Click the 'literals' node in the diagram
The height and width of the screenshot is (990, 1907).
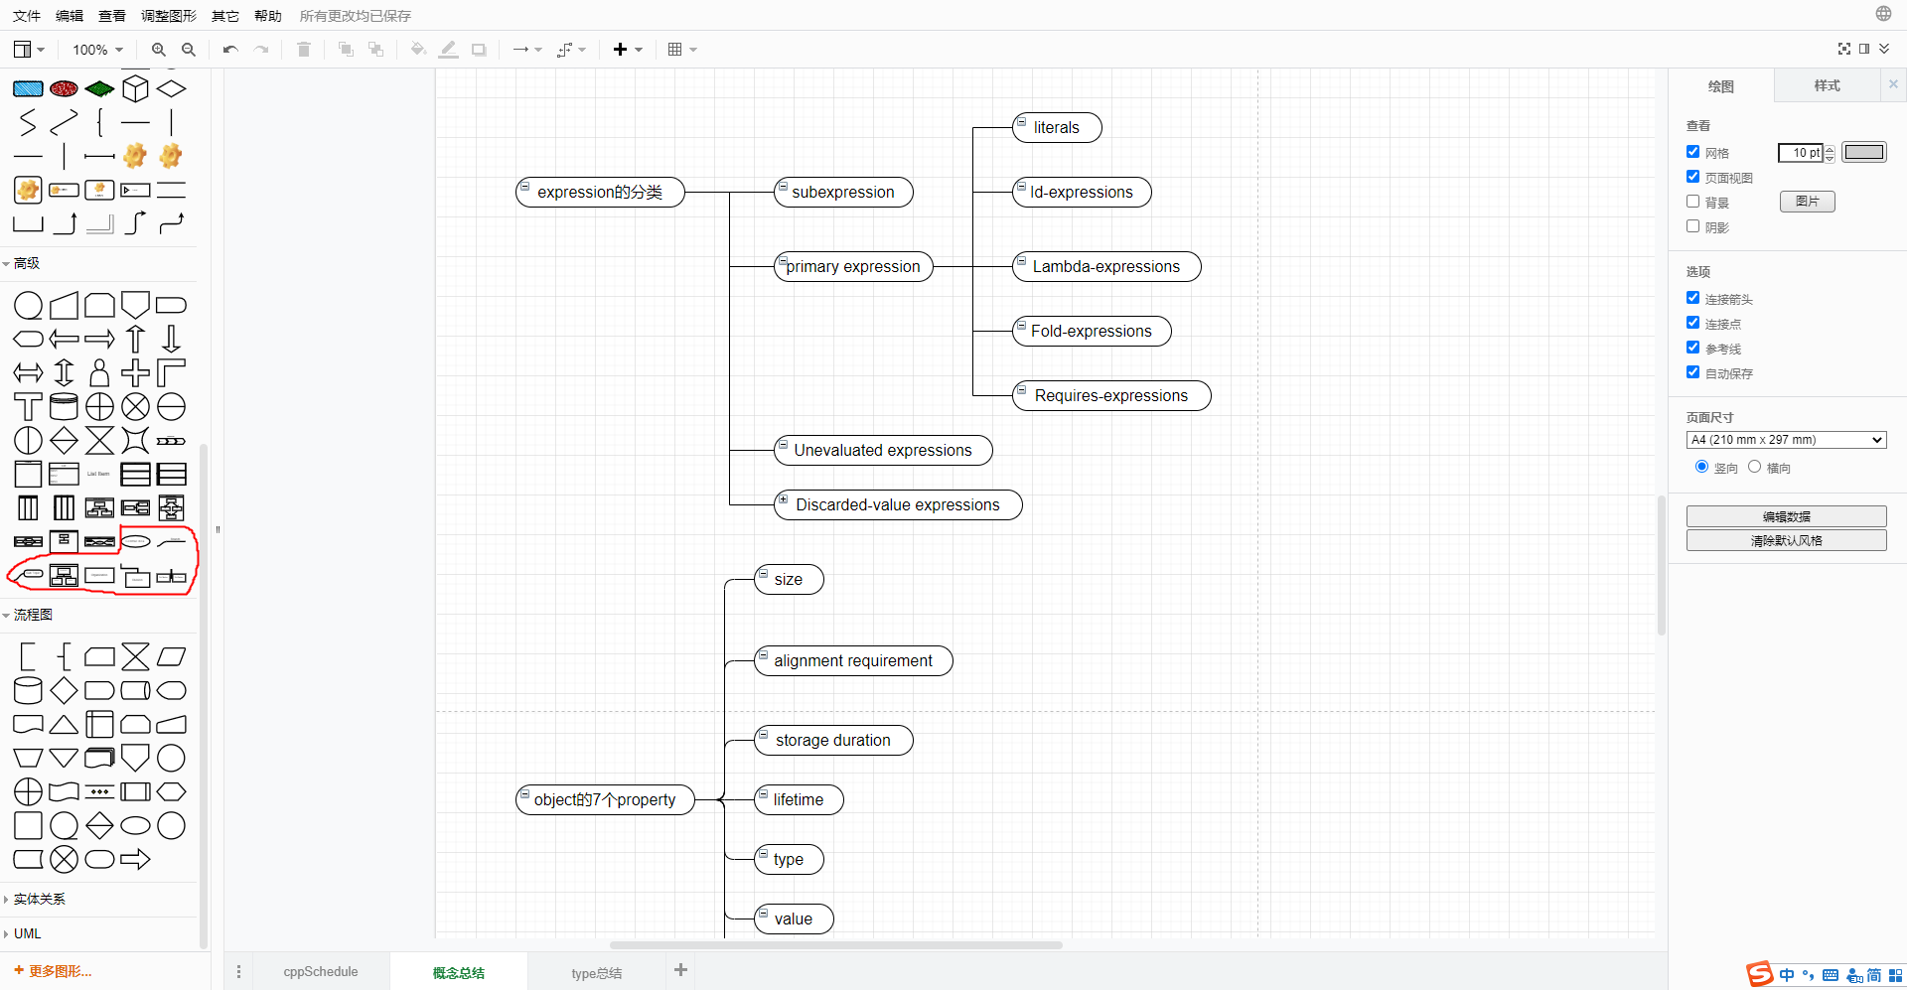(x=1057, y=128)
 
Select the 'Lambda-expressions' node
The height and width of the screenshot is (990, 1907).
(x=1106, y=267)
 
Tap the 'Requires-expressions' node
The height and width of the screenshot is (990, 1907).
(x=1111, y=396)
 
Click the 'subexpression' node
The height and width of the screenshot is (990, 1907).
(x=843, y=193)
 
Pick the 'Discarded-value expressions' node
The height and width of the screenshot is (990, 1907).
(x=898, y=505)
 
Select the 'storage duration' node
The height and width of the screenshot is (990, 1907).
(x=833, y=741)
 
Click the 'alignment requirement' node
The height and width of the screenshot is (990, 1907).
(x=853, y=661)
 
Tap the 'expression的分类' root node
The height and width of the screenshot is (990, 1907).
(x=600, y=193)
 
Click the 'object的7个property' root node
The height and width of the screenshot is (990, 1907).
(x=605, y=800)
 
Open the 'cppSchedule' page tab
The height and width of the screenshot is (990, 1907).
(x=320, y=972)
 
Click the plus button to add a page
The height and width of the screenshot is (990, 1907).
(x=680, y=970)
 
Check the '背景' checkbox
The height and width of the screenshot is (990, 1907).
(x=1693, y=202)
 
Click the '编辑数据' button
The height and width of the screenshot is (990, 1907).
(x=1786, y=516)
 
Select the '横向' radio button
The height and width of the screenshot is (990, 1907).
(x=1755, y=467)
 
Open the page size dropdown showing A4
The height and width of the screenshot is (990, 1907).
(x=1786, y=440)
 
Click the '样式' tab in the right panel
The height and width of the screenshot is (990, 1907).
(x=1827, y=86)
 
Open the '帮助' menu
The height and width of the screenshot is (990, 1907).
(x=268, y=16)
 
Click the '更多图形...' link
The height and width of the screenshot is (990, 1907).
(x=60, y=971)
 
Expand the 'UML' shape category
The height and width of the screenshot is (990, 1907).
(x=28, y=933)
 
